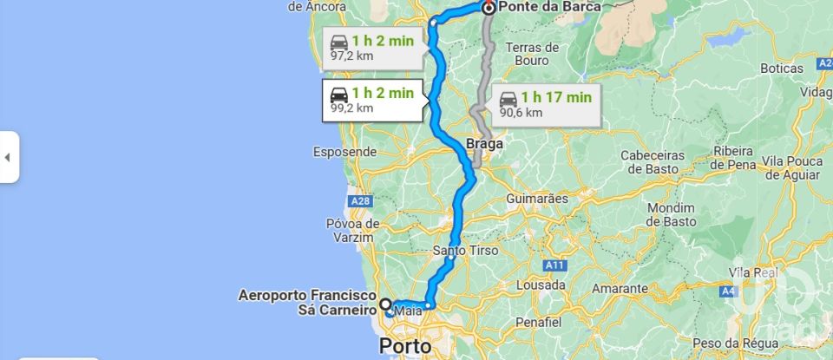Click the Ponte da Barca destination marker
[x=489, y=8]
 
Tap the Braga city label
[x=484, y=144]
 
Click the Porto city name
[x=404, y=346]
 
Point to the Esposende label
[x=344, y=152]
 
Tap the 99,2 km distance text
[x=351, y=108]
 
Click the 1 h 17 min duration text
[x=556, y=97]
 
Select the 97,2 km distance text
[x=351, y=56]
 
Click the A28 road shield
[x=360, y=201]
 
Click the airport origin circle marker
[x=384, y=305]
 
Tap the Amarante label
[x=620, y=288]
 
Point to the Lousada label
[x=541, y=284]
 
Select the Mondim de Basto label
[x=671, y=214]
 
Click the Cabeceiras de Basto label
[x=652, y=161]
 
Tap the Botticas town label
[x=781, y=68]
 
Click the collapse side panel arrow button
[x=8, y=157]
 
